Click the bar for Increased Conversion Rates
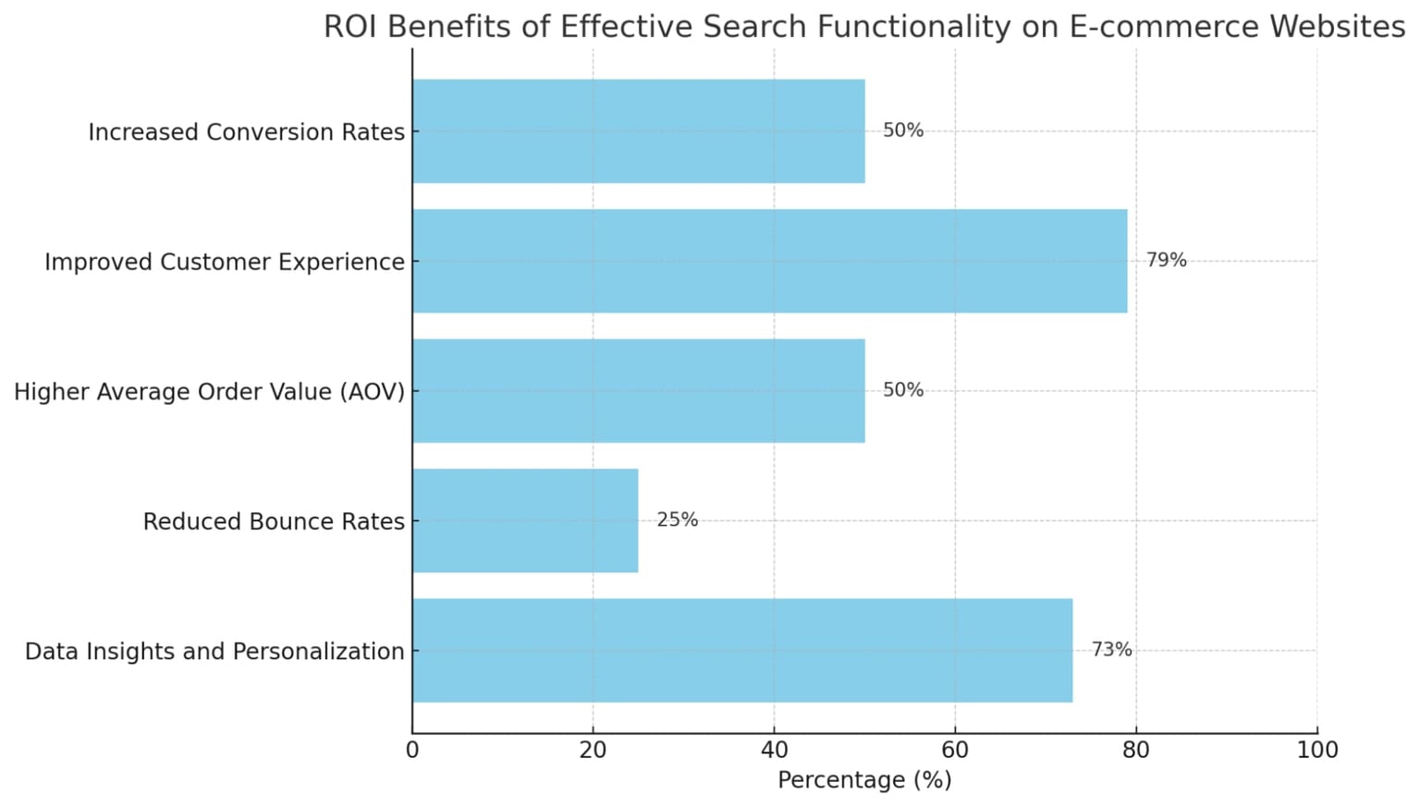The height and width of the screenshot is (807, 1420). [x=638, y=131]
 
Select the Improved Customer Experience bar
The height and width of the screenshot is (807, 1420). [x=769, y=261]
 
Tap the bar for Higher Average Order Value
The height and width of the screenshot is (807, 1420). [x=638, y=390]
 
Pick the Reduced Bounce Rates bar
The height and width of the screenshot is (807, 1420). [x=525, y=520]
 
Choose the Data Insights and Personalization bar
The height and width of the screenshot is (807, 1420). [x=742, y=650]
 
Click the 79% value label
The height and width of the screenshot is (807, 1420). [x=1166, y=261]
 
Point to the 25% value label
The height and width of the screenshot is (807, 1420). [x=677, y=520]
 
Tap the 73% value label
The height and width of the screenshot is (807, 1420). [x=1111, y=650]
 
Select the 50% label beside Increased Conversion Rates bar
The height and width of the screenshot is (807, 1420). [x=902, y=131]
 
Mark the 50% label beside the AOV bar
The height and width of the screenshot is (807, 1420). [x=902, y=390]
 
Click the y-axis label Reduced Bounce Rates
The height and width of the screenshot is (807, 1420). [x=274, y=522]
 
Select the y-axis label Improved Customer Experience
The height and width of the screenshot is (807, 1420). [x=225, y=263]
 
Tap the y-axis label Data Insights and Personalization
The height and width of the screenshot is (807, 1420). [x=214, y=652]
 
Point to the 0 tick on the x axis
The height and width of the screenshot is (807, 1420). [x=412, y=750]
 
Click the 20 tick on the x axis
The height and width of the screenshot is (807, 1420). [x=593, y=750]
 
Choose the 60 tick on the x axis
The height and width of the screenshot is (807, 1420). [x=955, y=750]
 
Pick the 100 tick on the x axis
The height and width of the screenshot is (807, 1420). [x=1316, y=750]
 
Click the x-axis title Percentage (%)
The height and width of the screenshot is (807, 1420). [x=864, y=780]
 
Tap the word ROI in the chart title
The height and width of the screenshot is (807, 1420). [x=350, y=27]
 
